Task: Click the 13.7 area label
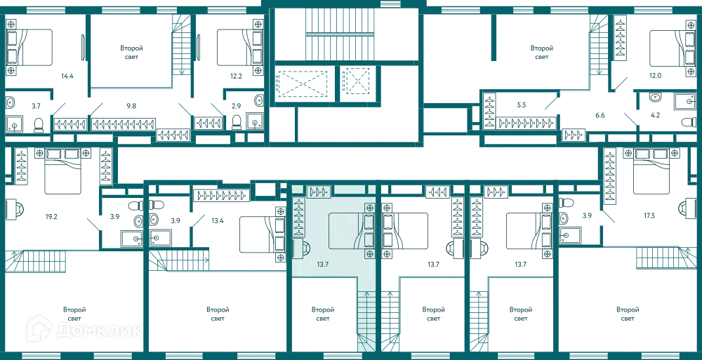[324, 264]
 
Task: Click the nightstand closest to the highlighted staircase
[369, 255]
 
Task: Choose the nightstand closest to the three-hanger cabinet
[369, 207]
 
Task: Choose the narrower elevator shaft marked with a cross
[355, 84]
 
